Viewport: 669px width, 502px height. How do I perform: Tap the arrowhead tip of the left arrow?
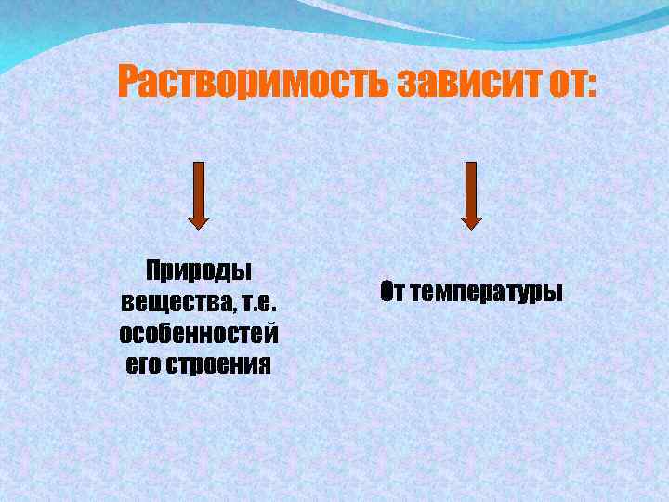click(199, 226)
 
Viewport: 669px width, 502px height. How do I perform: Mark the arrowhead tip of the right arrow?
click(471, 226)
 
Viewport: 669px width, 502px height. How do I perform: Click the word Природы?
click(199, 271)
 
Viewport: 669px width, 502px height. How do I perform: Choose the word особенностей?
click(199, 332)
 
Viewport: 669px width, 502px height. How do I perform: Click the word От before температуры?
click(392, 292)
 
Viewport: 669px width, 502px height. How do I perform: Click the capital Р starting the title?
click(129, 84)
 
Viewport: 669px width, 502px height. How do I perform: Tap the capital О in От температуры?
click(387, 292)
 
